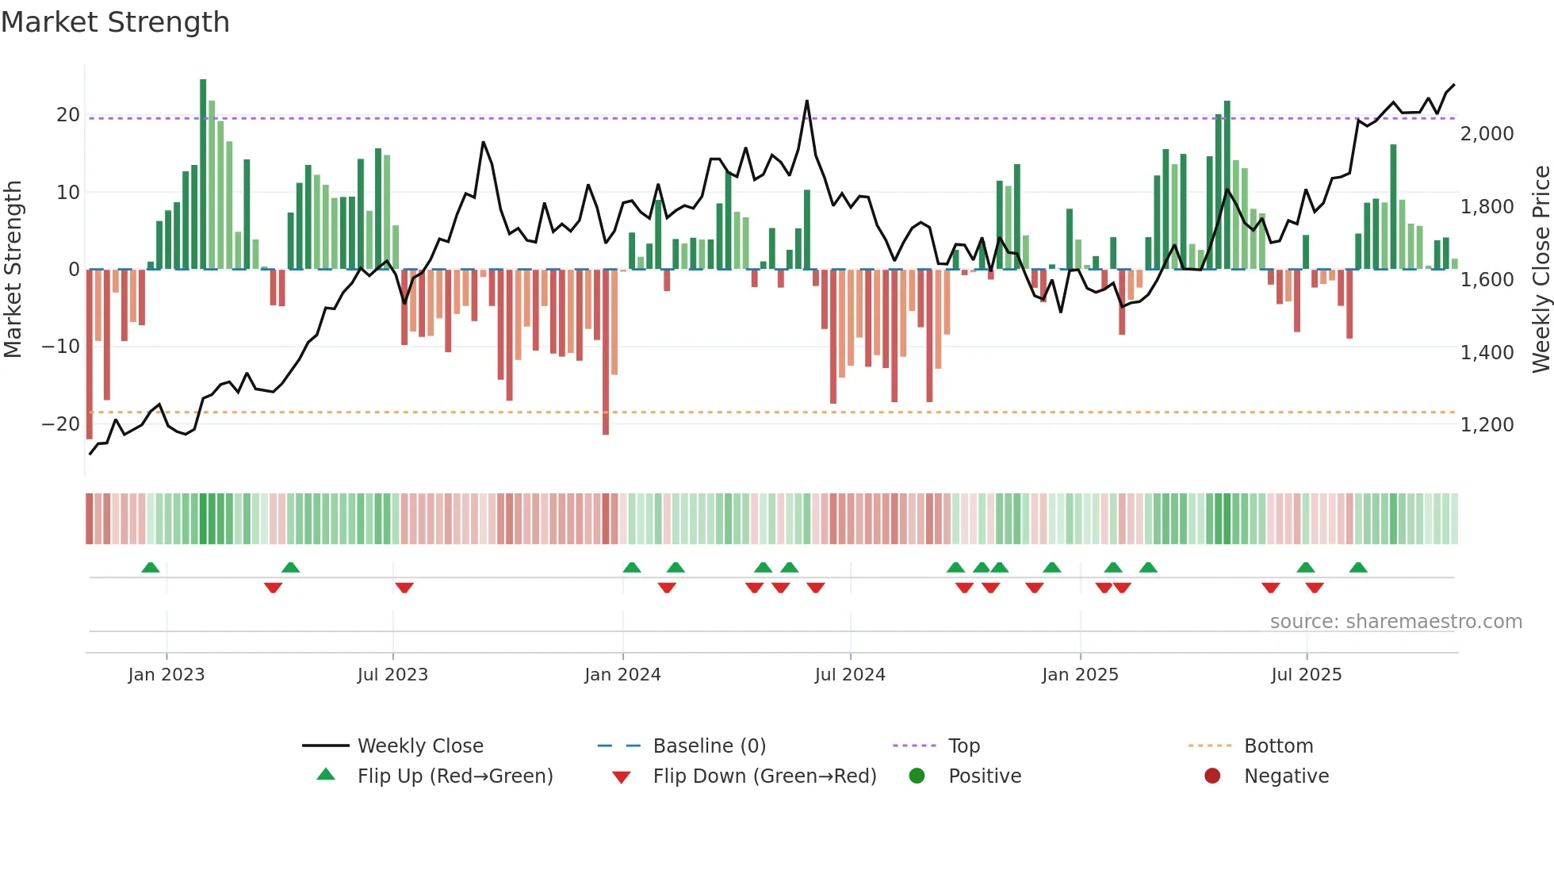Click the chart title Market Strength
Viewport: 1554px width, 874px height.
click(x=115, y=22)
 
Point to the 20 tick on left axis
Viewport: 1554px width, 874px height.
click(x=68, y=115)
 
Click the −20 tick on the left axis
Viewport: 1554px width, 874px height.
click(x=61, y=424)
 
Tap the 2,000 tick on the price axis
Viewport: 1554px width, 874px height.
click(x=1487, y=134)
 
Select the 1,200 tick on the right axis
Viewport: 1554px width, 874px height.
click(x=1487, y=425)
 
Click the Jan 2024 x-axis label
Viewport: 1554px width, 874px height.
click(x=622, y=675)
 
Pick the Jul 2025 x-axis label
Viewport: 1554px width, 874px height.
click(x=1306, y=675)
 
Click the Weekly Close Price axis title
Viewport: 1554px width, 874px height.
click(x=1541, y=270)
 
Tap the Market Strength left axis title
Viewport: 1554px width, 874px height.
click(x=13, y=270)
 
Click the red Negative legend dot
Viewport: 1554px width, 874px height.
click(x=1212, y=776)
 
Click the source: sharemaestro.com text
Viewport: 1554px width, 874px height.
click(x=1395, y=622)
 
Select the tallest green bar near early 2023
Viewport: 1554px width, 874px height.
click(x=203, y=174)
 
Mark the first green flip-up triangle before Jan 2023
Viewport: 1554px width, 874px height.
click(x=151, y=567)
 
